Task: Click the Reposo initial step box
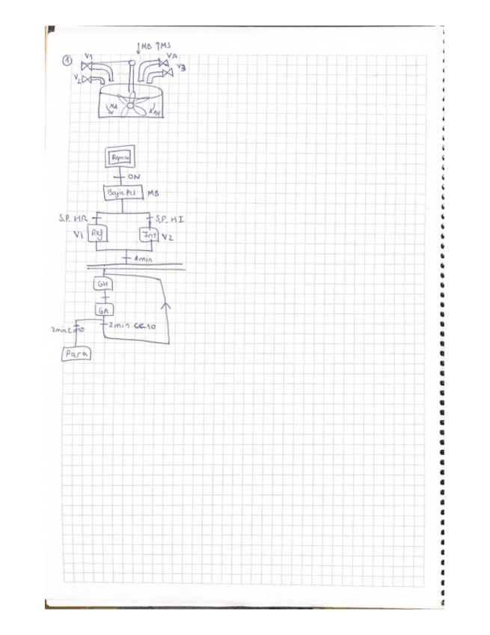[120, 159]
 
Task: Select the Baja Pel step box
[120, 192]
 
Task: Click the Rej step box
[96, 234]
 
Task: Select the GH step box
[102, 285]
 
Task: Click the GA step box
[102, 310]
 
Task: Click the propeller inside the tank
[132, 106]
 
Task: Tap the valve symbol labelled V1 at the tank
[87, 67]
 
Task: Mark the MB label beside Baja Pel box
[154, 193]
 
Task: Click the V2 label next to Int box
[168, 237]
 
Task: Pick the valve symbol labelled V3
[168, 73]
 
